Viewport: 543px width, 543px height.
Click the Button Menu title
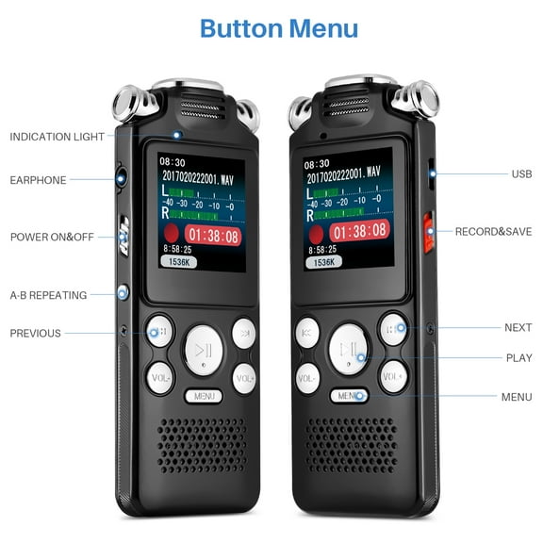[x=279, y=27]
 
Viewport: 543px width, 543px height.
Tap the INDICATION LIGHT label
[x=58, y=137]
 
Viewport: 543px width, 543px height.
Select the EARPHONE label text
[x=38, y=180]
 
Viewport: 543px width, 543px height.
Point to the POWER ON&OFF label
[x=52, y=237]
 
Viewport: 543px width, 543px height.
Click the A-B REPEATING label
[x=48, y=295]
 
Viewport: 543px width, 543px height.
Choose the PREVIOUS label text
[x=35, y=333]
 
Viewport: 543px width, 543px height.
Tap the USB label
[x=521, y=173]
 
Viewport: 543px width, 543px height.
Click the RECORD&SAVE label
[x=493, y=231]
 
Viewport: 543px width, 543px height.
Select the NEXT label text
[x=518, y=328]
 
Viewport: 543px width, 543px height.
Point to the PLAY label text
[x=518, y=358]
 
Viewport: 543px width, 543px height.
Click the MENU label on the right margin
[x=517, y=397]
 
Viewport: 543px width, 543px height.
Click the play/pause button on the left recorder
[x=204, y=350]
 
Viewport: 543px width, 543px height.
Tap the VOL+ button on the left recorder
[x=245, y=377]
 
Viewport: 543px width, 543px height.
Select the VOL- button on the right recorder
[x=306, y=377]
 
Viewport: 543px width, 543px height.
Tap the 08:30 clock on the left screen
[x=172, y=161]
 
